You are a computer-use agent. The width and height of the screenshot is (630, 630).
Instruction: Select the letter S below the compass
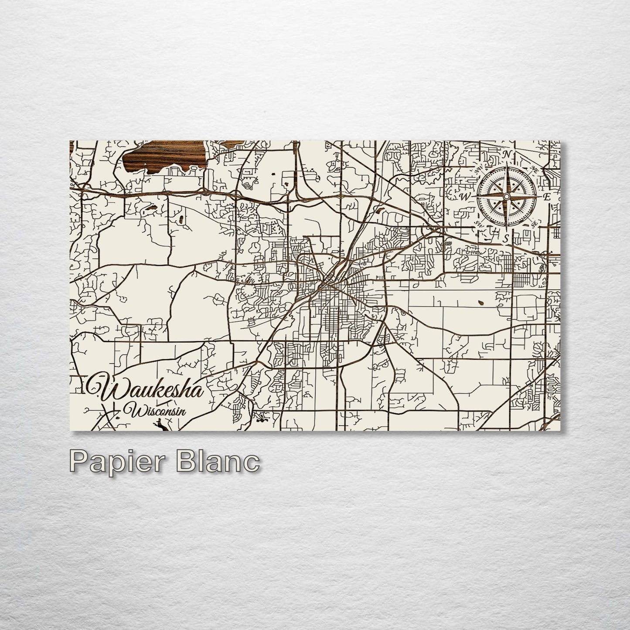(x=506, y=238)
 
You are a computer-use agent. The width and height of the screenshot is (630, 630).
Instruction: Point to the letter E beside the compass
(x=546, y=197)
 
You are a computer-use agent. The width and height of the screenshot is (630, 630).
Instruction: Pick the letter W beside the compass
(x=465, y=197)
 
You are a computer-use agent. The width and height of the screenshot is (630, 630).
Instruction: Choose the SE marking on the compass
(x=534, y=224)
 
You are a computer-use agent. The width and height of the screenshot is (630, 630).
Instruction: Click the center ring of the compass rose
(x=506, y=197)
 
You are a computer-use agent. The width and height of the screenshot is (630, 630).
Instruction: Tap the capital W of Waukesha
(x=103, y=386)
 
